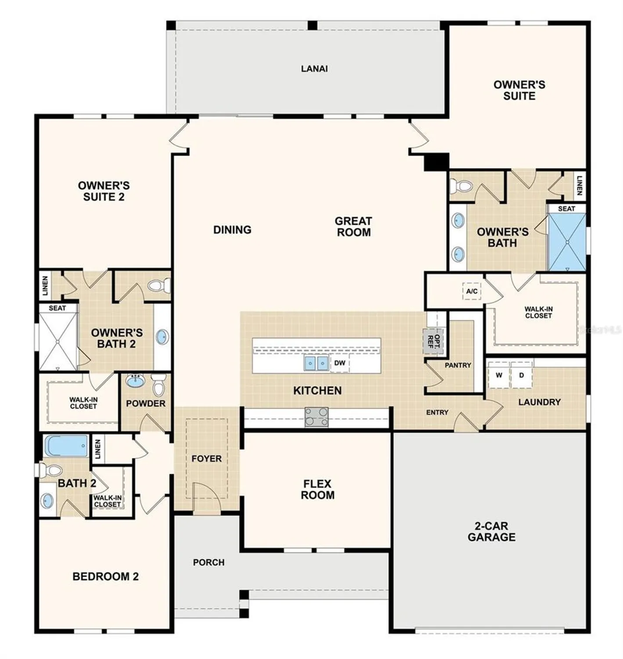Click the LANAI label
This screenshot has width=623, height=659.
(314, 69)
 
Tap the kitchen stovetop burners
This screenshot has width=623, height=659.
(317, 417)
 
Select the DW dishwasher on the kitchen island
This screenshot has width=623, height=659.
(340, 363)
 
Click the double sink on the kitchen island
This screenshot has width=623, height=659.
(316, 363)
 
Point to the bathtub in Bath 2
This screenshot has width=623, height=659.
(67, 446)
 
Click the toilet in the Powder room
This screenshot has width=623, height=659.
(158, 385)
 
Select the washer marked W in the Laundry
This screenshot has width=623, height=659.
(499, 376)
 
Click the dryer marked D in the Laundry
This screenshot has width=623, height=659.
(522, 376)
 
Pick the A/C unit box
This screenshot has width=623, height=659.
(472, 291)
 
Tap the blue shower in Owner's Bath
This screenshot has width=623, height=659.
(567, 242)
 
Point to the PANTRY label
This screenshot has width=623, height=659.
(458, 365)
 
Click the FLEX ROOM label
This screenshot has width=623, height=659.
(317, 489)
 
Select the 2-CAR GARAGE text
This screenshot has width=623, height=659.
(491, 532)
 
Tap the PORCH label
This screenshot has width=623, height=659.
(209, 562)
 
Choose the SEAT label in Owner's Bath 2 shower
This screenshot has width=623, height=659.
(57, 308)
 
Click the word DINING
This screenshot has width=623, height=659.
(232, 230)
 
